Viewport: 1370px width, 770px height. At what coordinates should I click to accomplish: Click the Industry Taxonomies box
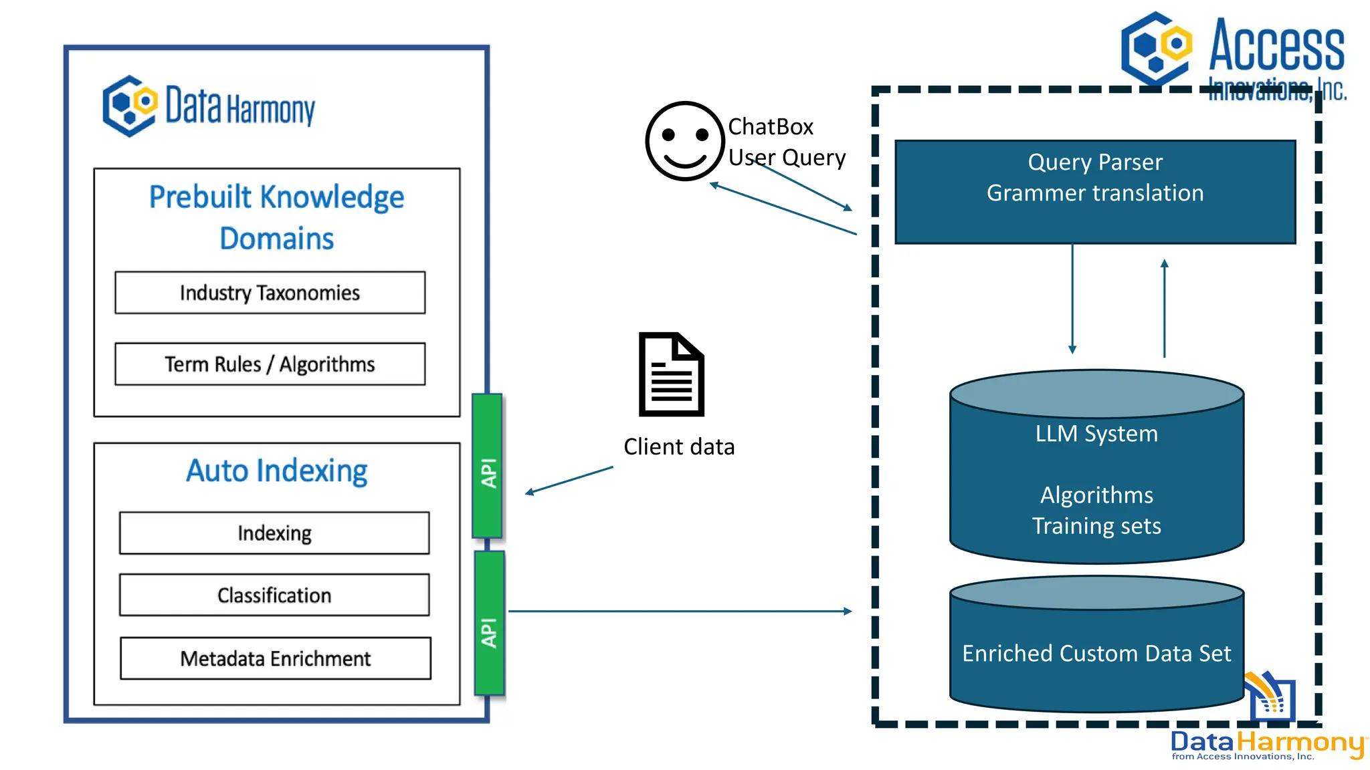point(270,293)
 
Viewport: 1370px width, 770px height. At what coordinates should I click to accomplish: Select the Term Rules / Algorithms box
point(270,364)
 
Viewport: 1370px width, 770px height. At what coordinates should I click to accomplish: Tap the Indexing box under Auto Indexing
point(274,533)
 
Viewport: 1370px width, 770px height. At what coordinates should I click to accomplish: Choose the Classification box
point(274,595)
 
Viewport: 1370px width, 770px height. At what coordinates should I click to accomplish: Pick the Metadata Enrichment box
point(275,658)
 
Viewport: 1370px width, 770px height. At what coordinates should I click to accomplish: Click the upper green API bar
point(488,466)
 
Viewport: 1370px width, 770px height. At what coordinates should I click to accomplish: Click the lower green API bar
point(489,623)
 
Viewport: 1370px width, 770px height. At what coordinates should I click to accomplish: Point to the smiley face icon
point(684,141)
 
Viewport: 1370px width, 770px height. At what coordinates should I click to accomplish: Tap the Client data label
point(679,446)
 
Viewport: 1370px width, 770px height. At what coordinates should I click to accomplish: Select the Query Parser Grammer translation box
point(1095,192)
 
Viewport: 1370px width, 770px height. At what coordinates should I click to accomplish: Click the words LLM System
point(1096,434)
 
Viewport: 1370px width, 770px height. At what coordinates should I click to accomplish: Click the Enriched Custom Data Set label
point(1096,653)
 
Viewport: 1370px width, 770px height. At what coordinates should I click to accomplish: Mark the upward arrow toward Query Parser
point(1164,307)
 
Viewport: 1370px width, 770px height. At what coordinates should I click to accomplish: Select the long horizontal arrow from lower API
point(679,611)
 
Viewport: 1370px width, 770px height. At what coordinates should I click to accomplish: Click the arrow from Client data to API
point(569,480)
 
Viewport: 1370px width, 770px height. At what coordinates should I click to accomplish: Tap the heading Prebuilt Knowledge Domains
point(276,217)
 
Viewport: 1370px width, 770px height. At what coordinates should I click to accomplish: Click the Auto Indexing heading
point(276,471)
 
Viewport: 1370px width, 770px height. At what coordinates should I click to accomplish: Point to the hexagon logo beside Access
point(1157,48)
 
